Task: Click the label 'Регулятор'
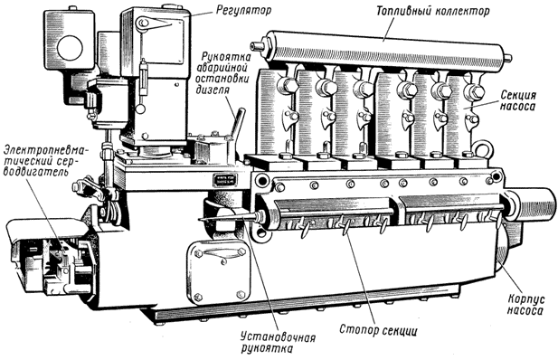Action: tap(243, 10)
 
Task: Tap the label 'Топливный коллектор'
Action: tap(433, 11)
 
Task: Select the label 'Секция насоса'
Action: tap(518, 100)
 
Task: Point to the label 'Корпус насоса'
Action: tap(525, 304)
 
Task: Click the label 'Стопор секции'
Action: tap(378, 329)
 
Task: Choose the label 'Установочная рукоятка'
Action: tap(278, 342)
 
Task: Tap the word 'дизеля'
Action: tap(213, 89)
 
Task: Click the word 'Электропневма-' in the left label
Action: tap(47, 147)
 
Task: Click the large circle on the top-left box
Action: tap(71, 47)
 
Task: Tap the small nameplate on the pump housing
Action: tap(222, 180)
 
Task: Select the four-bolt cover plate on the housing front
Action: tap(218, 271)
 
